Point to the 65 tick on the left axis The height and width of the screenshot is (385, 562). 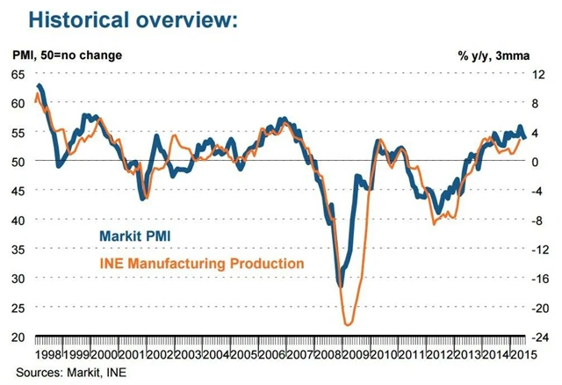[18, 75]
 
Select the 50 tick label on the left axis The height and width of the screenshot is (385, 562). [18, 162]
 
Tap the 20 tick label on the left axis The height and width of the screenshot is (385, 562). [18, 337]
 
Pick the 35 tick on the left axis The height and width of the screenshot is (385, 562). [18, 250]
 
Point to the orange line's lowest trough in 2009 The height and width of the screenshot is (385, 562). [348, 324]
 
